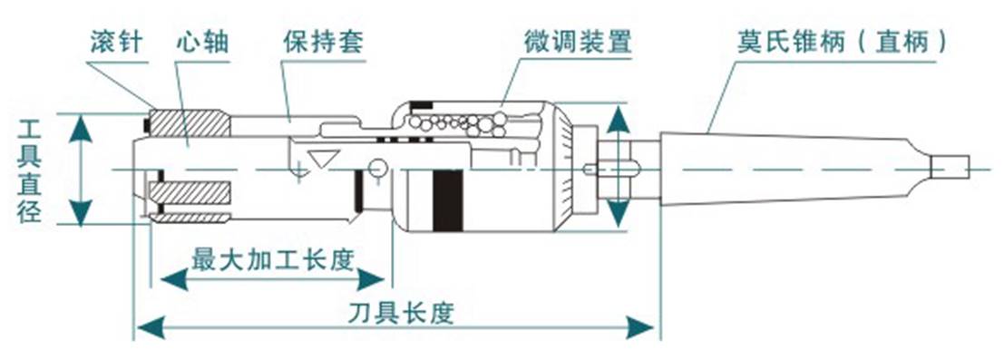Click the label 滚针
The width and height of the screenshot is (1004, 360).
pos(117,43)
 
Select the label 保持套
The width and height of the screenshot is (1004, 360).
pos(317,43)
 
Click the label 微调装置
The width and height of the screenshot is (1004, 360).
pos(577,42)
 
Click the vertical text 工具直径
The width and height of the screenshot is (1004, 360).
pos(33,170)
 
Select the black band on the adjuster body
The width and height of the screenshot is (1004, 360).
pos(446,199)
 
